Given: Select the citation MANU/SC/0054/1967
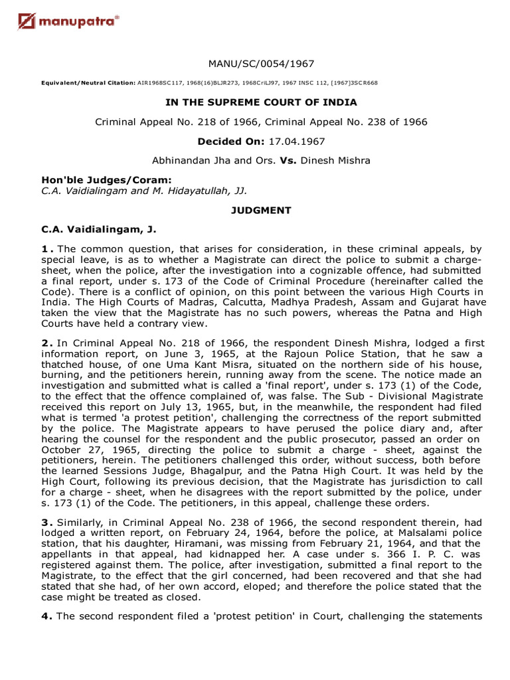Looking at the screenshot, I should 261,64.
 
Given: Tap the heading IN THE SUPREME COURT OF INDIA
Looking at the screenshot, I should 261,102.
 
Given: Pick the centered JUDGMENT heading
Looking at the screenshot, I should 261,210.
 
